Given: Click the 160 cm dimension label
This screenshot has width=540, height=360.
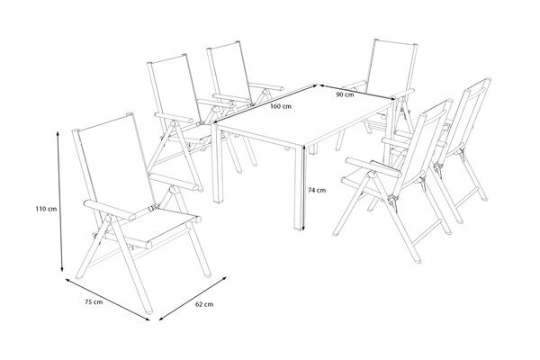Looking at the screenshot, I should click(281, 106).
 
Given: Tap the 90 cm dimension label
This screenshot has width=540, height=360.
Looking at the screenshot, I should click(343, 93).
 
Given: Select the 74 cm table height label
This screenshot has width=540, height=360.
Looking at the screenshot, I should click(315, 190).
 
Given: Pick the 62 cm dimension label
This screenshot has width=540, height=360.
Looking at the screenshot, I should click(203, 304).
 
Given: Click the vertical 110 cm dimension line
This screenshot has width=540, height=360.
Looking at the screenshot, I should click(59, 202).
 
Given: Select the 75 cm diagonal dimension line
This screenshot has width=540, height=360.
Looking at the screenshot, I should click(108, 297).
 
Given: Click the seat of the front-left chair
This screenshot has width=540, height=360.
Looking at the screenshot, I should click(162, 228).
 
